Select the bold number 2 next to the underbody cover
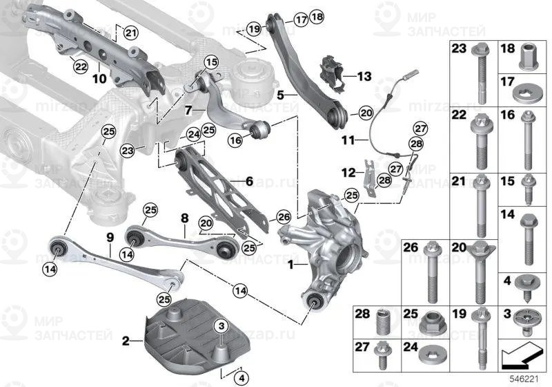pos(126,340)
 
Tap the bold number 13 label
pos(364,75)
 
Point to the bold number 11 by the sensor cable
pos(348,140)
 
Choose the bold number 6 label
pos(249,181)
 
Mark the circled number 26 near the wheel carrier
pos(284,217)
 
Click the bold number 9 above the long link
pos(109,238)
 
